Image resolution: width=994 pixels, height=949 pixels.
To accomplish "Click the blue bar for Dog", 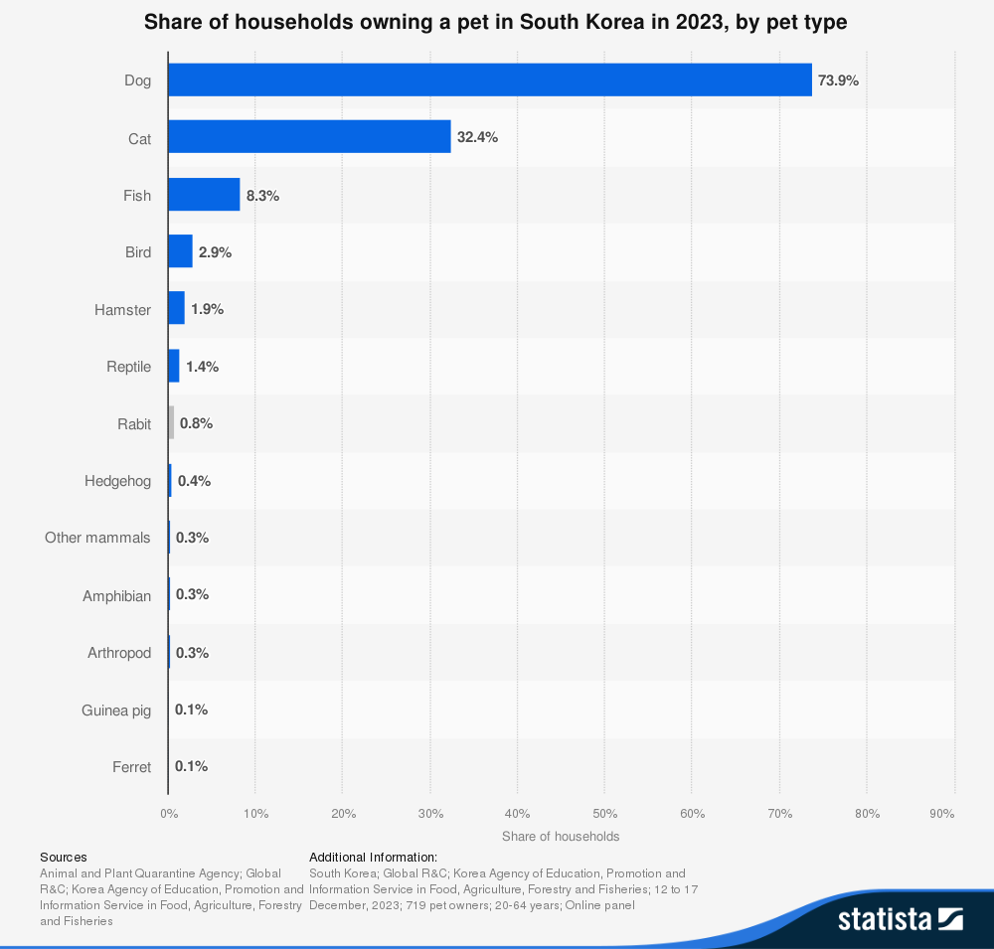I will (x=489, y=80).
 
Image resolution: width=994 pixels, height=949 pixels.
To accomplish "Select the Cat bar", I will (x=309, y=137).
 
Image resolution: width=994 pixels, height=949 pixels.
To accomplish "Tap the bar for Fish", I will (x=204, y=195).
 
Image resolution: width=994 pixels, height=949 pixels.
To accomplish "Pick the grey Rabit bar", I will (x=171, y=423).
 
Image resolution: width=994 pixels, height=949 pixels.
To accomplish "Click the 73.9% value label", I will (x=838, y=80).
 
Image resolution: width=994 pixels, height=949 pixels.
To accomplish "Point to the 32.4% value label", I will (x=477, y=137).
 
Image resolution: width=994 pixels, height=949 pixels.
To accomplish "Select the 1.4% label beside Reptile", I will (x=202, y=367).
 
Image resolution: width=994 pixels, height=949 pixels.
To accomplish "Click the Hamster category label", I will (x=122, y=310).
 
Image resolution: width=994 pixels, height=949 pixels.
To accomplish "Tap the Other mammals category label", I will (x=97, y=538).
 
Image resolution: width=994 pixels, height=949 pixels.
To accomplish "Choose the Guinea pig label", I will (x=116, y=711).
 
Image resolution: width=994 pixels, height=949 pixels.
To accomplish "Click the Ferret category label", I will (x=132, y=767).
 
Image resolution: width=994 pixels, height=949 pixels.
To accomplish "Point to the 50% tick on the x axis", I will (x=604, y=814).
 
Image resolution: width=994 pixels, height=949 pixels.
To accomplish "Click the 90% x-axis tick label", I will (x=942, y=814).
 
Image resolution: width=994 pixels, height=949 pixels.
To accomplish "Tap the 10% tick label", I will (x=255, y=814).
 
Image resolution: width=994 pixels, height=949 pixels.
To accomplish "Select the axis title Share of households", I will (x=561, y=837).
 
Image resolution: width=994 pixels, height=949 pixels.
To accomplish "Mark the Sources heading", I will (x=64, y=857).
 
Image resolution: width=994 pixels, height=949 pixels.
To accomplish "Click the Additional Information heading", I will (x=373, y=857).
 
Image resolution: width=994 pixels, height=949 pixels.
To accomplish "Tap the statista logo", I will (x=900, y=918).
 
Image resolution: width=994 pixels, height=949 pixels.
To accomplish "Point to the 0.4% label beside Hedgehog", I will (x=194, y=481).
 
